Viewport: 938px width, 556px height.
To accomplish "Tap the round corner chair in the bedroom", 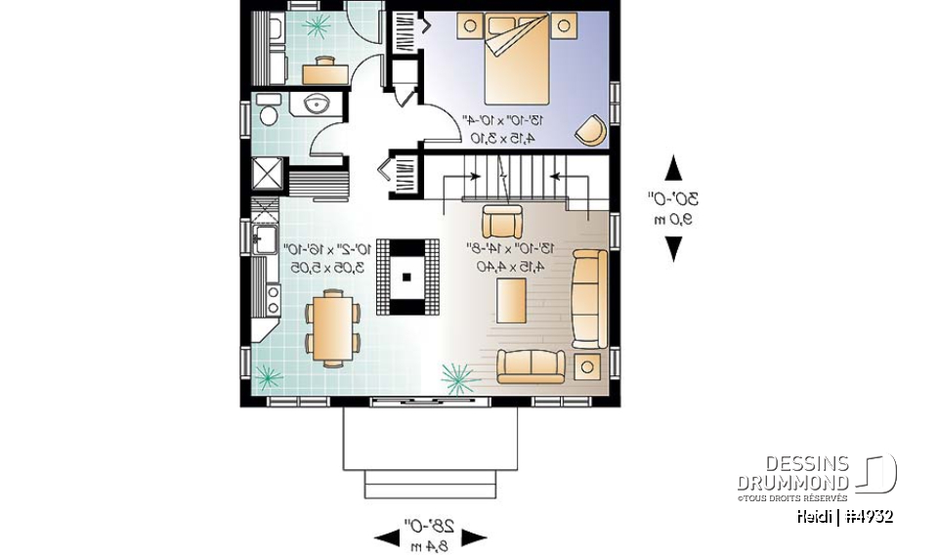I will pos(589,130).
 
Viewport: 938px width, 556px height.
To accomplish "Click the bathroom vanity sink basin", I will pos(317,105).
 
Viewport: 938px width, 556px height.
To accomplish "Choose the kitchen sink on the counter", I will pos(261,237).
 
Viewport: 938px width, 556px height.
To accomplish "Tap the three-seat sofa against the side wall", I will pos(589,298).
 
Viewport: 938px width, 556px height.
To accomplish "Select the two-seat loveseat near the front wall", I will pos(532,365).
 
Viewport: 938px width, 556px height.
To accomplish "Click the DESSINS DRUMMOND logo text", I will pos(793,473).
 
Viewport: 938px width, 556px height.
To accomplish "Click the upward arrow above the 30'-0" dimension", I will pos(673,169).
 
